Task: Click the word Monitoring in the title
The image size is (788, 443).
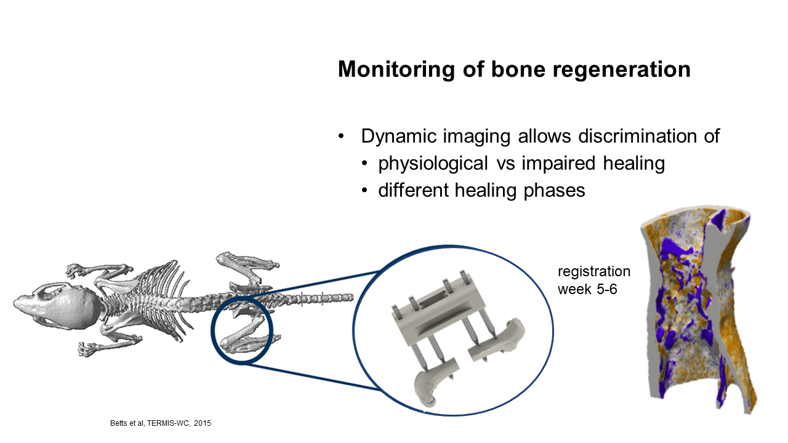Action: [396, 70]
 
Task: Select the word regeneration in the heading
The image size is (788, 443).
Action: [622, 70]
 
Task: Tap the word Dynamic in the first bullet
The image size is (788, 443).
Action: [399, 137]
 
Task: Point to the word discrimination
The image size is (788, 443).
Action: [637, 136]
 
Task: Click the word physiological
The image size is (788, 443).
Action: [433, 164]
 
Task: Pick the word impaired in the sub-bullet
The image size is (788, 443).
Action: [558, 164]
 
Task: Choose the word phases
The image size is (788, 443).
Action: [554, 191]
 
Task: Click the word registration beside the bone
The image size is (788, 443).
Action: [594, 272]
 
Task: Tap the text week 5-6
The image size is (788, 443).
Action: [587, 289]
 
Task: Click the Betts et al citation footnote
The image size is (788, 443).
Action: [161, 423]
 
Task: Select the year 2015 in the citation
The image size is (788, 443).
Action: [203, 423]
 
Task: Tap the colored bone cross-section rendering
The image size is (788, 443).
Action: [698, 309]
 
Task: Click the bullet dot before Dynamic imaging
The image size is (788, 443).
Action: [340, 137]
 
